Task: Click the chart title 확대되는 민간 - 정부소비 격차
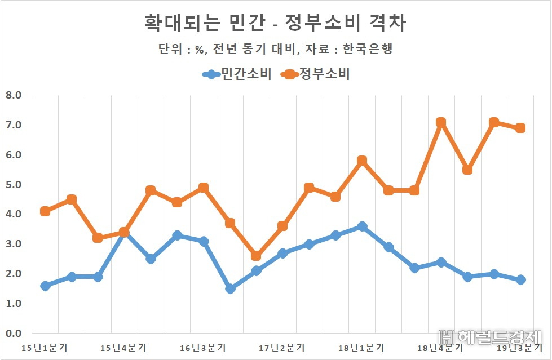point(275,23)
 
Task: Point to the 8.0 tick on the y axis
point(14,95)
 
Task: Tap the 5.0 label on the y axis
point(14,184)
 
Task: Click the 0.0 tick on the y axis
point(14,333)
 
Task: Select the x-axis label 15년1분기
point(45,348)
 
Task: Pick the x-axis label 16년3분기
point(203,348)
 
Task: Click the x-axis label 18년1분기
point(361,348)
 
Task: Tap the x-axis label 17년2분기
point(282,348)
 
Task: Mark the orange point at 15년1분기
point(45,211)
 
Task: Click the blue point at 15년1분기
point(45,286)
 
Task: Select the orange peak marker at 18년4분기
point(441,122)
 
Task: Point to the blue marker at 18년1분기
point(362,226)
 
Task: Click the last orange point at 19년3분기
point(520,128)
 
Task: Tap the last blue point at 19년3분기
point(520,280)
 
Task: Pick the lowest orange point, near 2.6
point(256,256)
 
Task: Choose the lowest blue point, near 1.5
point(230,288)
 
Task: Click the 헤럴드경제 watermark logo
point(489,337)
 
